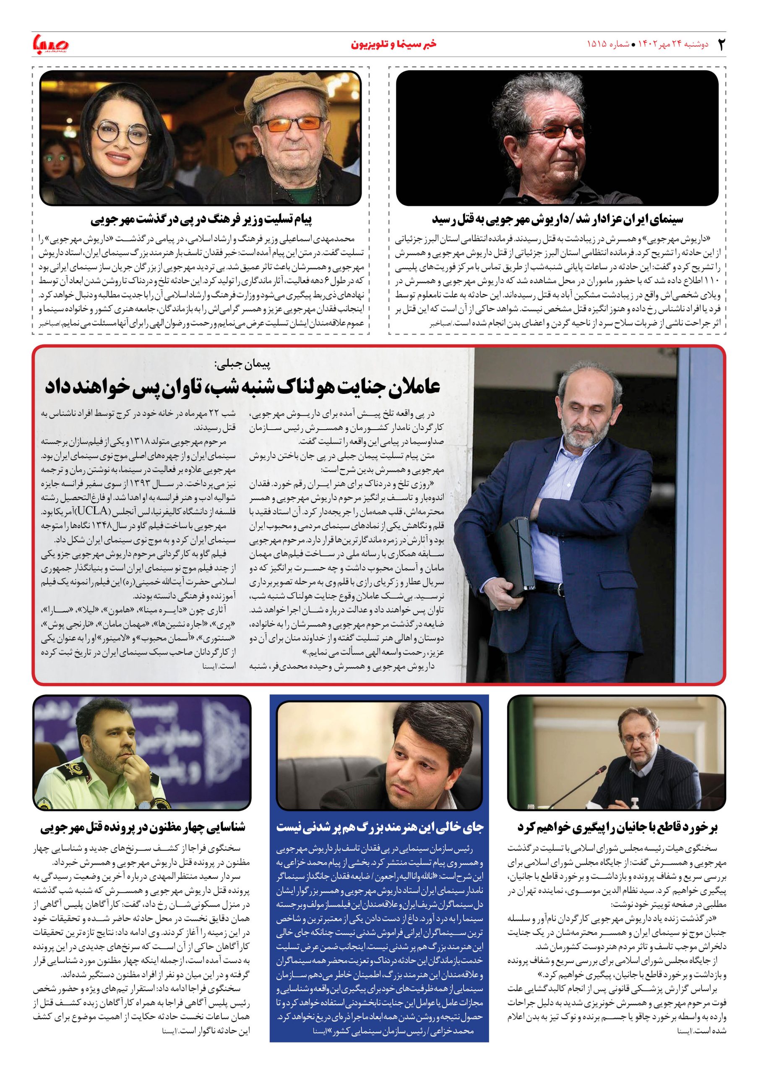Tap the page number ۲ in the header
[722, 44]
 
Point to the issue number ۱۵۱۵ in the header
[597, 44]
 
